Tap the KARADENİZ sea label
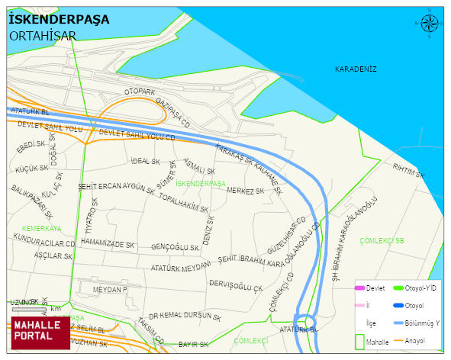pyautogui.click(x=356, y=69)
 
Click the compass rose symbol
pyautogui.click(x=430, y=24)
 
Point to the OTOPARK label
pyautogui.click(x=140, y=92)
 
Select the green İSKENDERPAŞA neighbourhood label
pyautogui.click(x=201, y=184)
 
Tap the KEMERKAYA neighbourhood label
pyautogui.click(x=41, y=228)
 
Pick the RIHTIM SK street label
pyautogui.click(x=407, y=167)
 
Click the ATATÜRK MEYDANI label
pyautogui.click(x=181, y=268)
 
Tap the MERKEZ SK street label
pyautogui.click(x=245, y=191)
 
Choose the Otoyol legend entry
pyautogui.click(x=415, y=306)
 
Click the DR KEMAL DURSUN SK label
pyautogui.click(x=185, y=316)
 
